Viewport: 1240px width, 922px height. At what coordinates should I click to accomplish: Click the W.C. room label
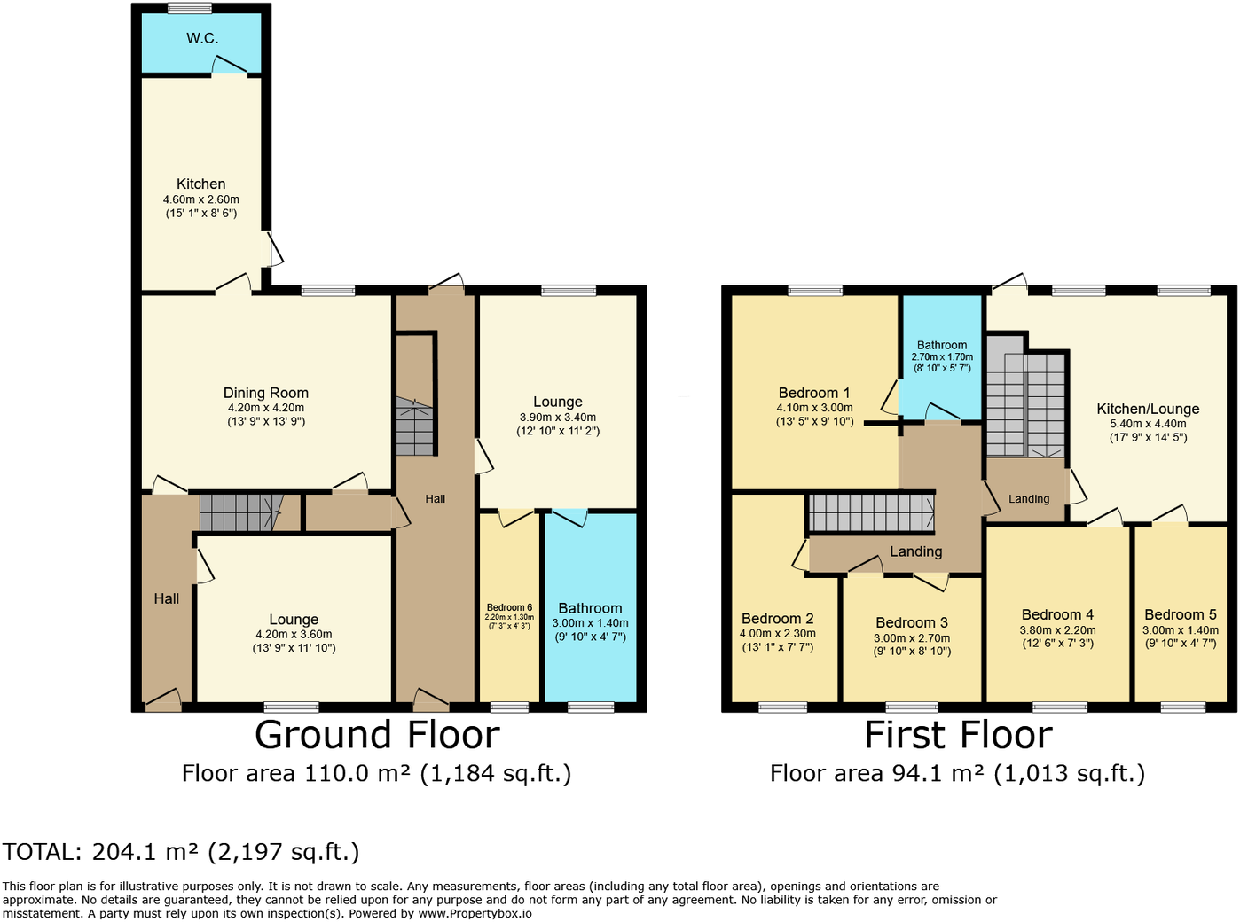[x=202, y=38]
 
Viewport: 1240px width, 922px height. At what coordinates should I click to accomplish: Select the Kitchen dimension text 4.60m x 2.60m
[x=201, y=199]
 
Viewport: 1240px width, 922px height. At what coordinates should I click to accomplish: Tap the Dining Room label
[x=266, y=393]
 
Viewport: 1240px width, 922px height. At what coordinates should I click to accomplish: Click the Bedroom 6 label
[x=509, y=607]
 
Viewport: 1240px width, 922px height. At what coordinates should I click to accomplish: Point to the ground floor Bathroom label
[x=590, y=608]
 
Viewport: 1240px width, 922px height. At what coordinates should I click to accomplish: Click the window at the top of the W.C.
[x=190, y=9]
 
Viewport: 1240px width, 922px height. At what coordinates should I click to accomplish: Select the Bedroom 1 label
[x=814, y=393]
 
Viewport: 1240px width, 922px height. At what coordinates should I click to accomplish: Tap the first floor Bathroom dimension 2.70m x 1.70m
[x=942, y=357]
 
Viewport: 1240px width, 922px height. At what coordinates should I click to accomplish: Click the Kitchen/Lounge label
[x=1148, y=409]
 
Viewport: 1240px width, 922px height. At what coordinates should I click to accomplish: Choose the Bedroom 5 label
[x=1180, y=614]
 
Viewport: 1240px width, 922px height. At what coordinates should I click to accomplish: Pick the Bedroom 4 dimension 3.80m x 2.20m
[x=1057, y=630]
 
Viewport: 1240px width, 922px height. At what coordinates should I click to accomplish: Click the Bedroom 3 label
[x=912, y=622]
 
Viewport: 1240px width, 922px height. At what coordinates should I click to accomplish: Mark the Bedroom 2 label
[x=777, y=619]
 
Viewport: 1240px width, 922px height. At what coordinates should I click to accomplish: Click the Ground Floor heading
[x=377, y=735]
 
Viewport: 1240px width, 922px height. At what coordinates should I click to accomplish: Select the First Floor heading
[x=958, y=735]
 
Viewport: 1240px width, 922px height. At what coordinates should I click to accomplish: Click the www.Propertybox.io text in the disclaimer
[x=475, y=913]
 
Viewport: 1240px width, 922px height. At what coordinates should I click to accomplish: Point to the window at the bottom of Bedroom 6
[x=509, y=707]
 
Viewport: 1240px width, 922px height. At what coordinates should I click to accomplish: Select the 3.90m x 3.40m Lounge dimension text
[x=558, y=418]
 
